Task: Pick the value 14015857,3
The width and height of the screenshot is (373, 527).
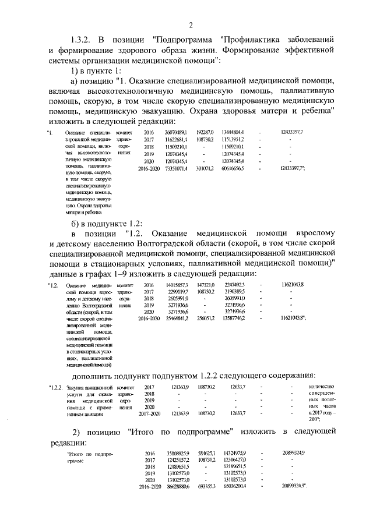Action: pyautogui.click(x=174, y=284)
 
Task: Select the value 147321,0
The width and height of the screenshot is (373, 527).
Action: pyautogui.click(x=206, y=284)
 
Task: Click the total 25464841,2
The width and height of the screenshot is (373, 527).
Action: pyautogui.click(x=174, y=319)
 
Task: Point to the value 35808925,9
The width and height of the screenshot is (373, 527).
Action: pyautogui.click(x=174, y=452)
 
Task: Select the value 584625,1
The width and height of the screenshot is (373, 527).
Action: pyautogui.click(x=206, y=452)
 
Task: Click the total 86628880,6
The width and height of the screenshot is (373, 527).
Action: pyautogui.click(x=174, y=486)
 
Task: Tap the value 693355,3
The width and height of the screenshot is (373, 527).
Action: pyautogui.click(x=206, y=486)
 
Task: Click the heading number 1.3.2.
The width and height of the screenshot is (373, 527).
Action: pyautogui.click(x=82, y=40)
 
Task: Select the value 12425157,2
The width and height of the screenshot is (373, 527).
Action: pyautogui.click(x=174, y=460)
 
